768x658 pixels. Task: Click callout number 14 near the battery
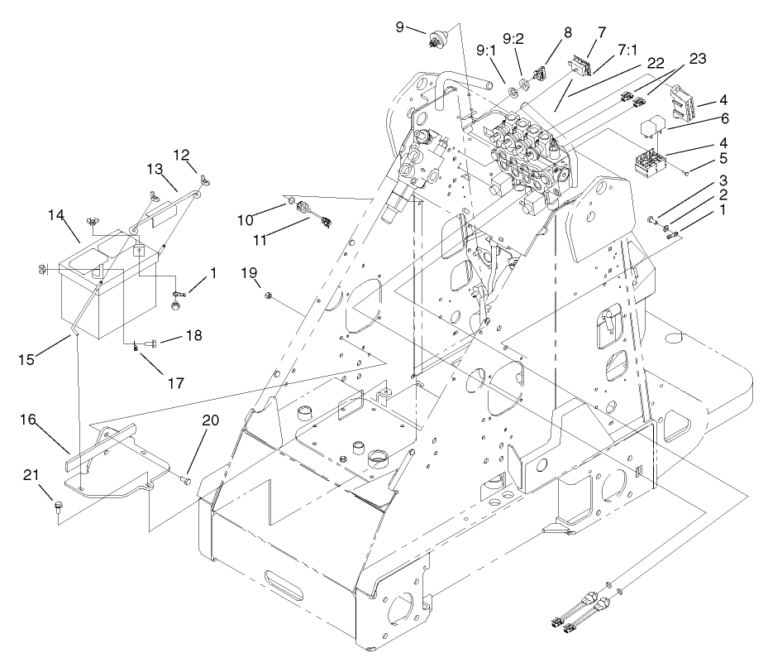click(57, 215)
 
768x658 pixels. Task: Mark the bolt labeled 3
click(653, 220)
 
